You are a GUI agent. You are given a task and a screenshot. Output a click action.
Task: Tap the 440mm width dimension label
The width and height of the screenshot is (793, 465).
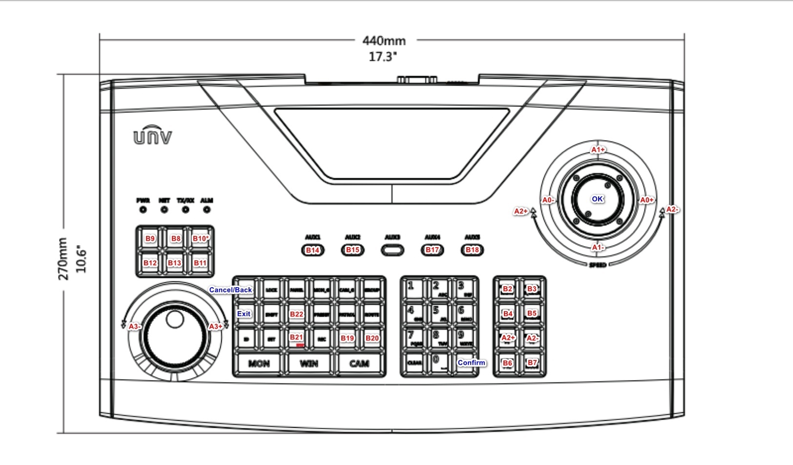(384, 41)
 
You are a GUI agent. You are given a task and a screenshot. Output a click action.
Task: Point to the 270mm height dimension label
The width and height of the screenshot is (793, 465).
(63, 258)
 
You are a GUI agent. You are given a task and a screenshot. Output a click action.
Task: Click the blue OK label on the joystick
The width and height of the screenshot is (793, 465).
(597, 199)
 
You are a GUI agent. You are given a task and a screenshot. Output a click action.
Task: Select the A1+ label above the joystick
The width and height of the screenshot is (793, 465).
(598, 149)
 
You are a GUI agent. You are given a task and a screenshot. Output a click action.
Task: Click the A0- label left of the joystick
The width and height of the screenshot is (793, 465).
(548, 200)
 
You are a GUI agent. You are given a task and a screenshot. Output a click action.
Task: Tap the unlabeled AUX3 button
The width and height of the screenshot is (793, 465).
(393, 250)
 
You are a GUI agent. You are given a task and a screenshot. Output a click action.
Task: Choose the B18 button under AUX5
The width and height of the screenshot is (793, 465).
(472, 250)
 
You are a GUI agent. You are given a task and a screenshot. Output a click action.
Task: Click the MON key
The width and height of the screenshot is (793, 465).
(259, 363)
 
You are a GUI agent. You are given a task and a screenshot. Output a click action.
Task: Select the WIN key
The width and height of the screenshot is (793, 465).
(309, 363)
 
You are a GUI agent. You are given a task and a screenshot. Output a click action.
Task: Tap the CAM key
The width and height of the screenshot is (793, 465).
(359, 363)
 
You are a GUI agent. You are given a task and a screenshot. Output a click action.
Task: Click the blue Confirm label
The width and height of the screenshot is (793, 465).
(471, 362)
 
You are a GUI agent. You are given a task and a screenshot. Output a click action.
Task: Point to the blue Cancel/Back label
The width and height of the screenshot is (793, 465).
(230, 290)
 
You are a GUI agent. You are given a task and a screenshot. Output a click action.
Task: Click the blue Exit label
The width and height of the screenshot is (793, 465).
(244, 314)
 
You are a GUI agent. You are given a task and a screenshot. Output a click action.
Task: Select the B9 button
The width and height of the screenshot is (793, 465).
(150, 238)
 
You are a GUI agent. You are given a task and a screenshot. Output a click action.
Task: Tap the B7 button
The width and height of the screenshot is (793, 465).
(532, 362)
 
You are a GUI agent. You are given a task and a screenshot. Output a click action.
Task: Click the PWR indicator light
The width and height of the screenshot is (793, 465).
(143, 210)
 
